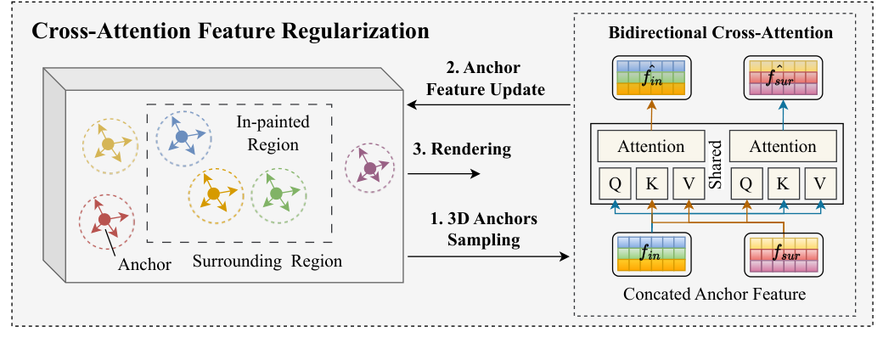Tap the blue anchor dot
(182, 136)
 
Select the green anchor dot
(276, 194)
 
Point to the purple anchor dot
(369, 169)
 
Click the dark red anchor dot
(104, 220)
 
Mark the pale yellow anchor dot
(108, 145)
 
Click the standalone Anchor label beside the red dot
(143, 264)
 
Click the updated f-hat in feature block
(652, 76)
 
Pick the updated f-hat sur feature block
(782, 76)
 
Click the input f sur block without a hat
(782, 255)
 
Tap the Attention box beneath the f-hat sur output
(783, 146)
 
